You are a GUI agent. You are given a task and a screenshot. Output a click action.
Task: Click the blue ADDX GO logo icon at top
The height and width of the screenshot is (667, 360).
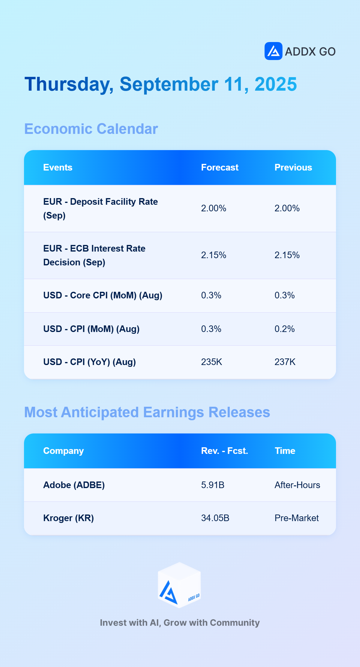click(x=273, y=51)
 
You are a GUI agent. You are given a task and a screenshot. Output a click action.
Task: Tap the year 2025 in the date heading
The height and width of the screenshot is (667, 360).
click(x=276, y=84)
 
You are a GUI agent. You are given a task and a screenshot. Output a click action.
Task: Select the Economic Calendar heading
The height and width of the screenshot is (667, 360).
click(x=91, y=129)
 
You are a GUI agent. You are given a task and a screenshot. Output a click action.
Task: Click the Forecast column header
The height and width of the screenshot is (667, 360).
click(x=220, y=168)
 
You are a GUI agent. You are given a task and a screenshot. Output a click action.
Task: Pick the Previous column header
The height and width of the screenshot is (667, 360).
click(x=293, y=168)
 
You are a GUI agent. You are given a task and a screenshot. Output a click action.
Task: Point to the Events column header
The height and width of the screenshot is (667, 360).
click(x=58, y=168)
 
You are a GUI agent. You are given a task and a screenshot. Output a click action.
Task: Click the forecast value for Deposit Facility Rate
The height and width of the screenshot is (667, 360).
click(x=214, y=208)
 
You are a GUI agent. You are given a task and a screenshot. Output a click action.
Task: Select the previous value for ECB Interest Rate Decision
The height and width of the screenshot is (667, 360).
click(x=287, y=255)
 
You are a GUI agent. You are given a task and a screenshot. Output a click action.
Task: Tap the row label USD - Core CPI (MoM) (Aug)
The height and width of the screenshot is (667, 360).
click(x=103, y=295)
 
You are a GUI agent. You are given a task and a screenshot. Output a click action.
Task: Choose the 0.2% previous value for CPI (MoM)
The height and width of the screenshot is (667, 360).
click(x=285, y=329)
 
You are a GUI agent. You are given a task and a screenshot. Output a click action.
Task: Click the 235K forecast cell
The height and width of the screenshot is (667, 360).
click(x=211, y=362)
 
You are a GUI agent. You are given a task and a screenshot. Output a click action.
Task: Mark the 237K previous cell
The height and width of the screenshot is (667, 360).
click(x=285, y=362)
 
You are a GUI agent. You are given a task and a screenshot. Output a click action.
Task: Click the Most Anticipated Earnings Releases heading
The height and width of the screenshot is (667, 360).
click(x=147, y=412)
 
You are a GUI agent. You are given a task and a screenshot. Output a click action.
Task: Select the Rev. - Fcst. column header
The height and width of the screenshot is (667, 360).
click(x=225, y=451)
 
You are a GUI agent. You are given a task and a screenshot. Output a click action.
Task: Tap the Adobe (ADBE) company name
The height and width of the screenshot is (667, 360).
click(x=74, y=485)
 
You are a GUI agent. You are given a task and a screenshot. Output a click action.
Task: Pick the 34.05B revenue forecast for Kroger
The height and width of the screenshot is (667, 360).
click(x=215, y=518)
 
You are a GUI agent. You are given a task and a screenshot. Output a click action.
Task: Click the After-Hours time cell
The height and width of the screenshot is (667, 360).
click(x=297, y=485)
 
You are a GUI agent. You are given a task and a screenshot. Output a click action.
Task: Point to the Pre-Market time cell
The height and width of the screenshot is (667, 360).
click(x=297, y=518)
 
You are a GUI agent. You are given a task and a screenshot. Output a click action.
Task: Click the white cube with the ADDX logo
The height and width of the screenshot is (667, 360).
click(x=179, y=585)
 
